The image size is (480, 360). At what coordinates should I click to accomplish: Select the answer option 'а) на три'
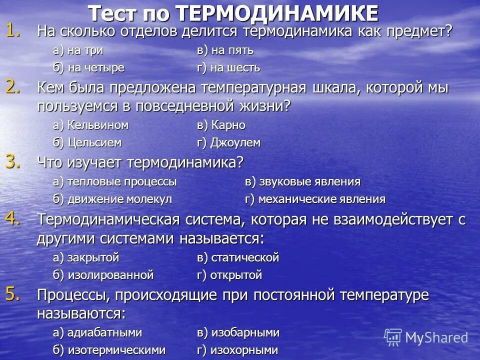click(78, 50)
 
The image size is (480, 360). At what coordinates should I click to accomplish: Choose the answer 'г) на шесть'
click(228, 67)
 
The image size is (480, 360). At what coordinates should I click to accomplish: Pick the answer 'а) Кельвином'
click(90, 125)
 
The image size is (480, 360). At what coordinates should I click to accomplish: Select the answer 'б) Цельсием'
click(87, 142)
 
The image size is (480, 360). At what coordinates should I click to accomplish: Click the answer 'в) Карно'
click(221, 125)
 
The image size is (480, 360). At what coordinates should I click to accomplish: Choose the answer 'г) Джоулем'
click(228, 142)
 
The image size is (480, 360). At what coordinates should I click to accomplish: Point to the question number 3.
click(13, 160)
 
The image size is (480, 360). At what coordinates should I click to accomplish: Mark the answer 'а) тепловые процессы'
click(114, 182)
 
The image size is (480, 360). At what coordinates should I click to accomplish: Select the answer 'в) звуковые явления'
click(302, 182)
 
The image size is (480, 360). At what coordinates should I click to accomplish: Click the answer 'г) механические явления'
click(315, 199)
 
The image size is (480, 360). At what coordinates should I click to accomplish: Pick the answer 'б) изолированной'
click(103, 275)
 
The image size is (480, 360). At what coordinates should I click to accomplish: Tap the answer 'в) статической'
click(237, 258)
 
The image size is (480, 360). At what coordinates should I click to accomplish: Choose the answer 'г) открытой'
click(229, 275)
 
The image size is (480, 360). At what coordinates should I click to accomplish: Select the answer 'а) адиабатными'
click(97, 333)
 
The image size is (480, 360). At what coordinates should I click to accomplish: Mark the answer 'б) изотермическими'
click(109, 350)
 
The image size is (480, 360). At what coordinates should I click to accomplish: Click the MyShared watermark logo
click(426, 337)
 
